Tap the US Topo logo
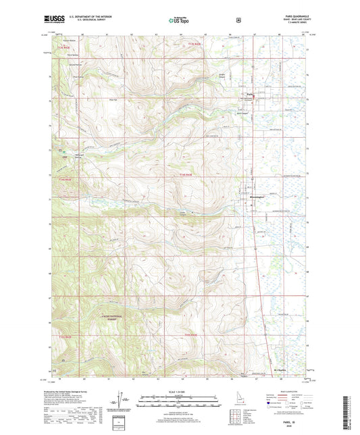180,20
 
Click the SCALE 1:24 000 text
180,391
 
